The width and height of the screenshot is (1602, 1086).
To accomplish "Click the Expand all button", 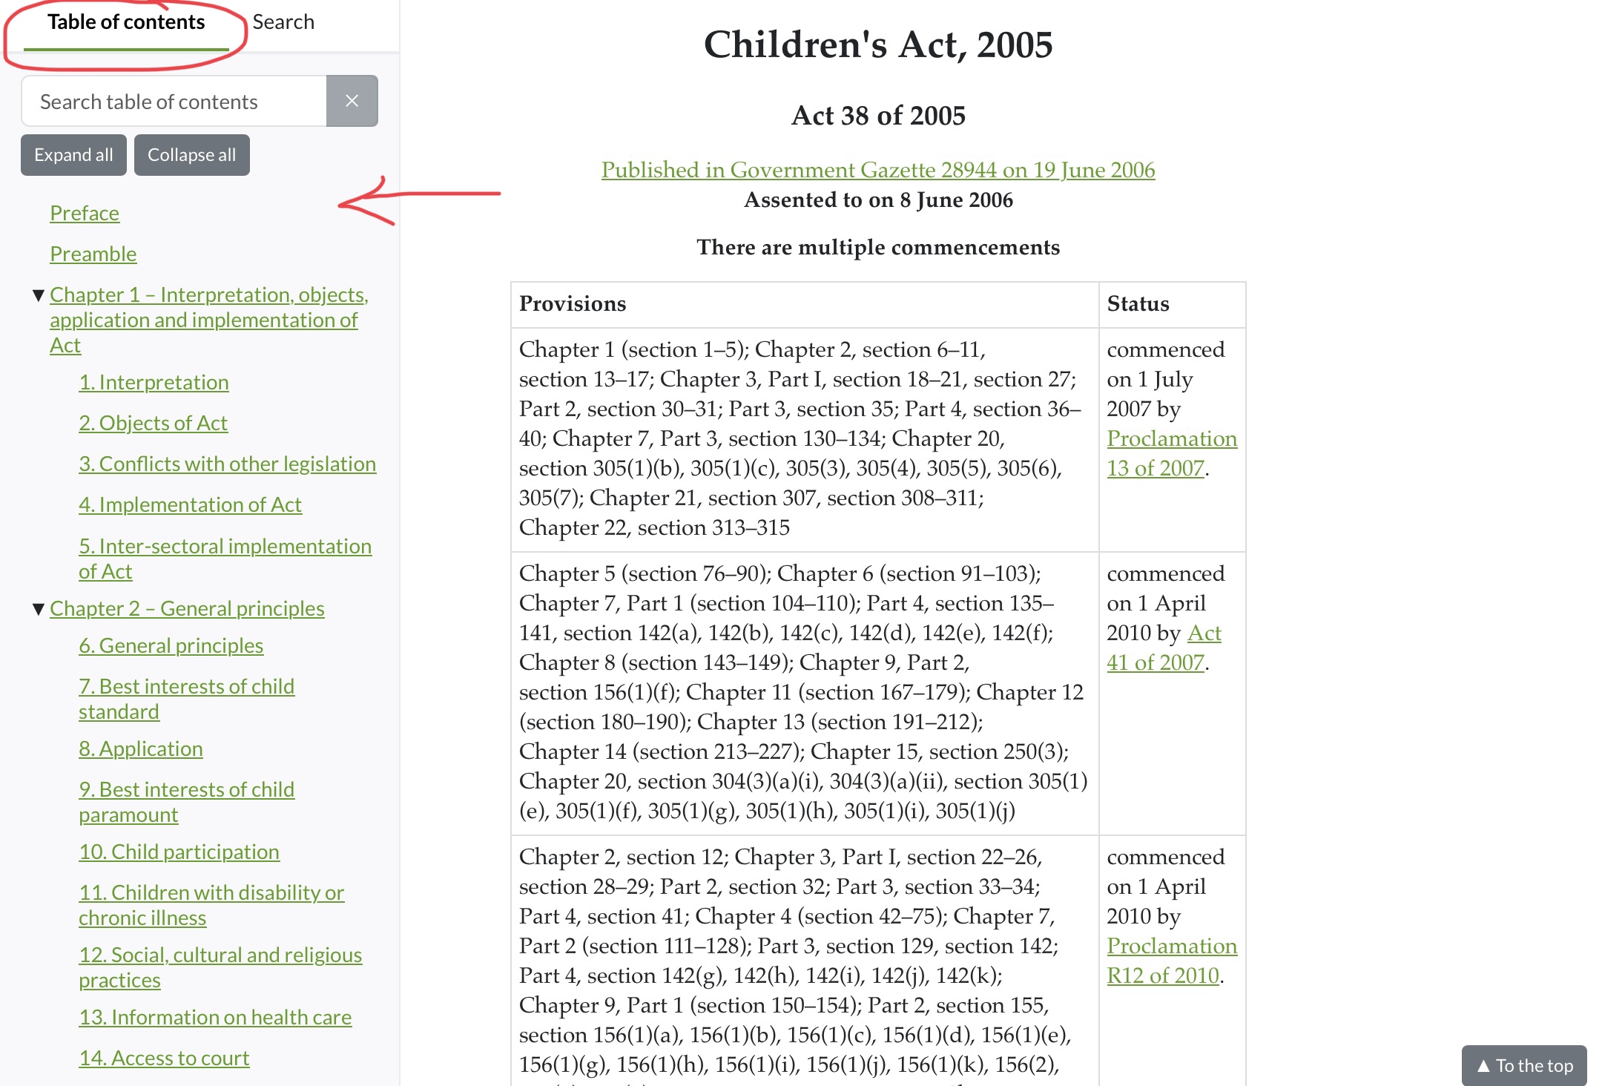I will [73, 155].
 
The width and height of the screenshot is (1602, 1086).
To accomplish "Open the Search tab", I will [283, 22].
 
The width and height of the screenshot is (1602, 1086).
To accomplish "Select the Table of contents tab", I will [126, 22].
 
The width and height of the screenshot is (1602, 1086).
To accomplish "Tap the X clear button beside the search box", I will [352, 101].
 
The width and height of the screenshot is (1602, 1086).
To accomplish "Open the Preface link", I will [85, 213].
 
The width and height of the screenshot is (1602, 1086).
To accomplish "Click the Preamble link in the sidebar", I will [93, 254].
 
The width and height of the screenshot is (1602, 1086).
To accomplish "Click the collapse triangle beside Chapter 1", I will [39, 295].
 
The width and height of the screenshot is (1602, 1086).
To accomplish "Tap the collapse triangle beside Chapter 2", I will [39, 609].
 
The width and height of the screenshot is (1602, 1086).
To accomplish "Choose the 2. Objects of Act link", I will [153, 423].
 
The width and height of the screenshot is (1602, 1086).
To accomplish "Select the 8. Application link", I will [141, 748].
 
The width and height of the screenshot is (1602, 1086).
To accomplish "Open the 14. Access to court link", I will [164, 1058].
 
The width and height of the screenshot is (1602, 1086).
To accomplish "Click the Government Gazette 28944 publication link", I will [878, 170].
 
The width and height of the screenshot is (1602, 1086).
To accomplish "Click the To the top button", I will [1524, 1065].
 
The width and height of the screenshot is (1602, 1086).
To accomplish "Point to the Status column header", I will [1138, 304].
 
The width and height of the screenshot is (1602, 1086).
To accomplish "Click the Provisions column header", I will [573, 304].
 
